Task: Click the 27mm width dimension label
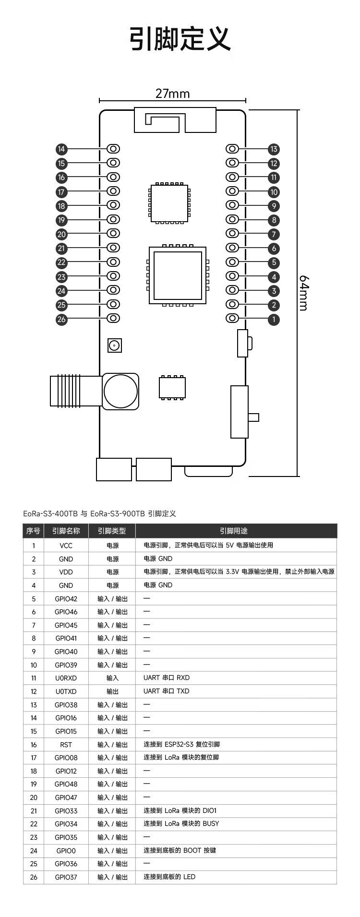[x=172, y=93]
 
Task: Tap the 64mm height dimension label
[x=303, y=293]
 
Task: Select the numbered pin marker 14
[x=61, y=149]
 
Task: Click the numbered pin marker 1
[x=274, y=319]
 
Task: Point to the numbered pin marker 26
[x=61, y=319]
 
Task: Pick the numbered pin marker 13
[x=274, y=149]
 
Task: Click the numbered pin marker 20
[x=61, y=235]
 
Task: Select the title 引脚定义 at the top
[x=180, y=38]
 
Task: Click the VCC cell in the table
[x=66, y=546]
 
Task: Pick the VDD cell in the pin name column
[x=66, y=572]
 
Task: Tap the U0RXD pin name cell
[x=66, y=678]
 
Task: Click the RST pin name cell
[x=66, y=744]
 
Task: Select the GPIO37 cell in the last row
[x=66, y=877]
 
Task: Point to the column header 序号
[x=33, y=531]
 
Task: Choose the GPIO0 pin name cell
[x=66, y=850]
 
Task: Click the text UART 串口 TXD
[x=167, y=691]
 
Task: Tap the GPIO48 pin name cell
[x=66, y=784]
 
